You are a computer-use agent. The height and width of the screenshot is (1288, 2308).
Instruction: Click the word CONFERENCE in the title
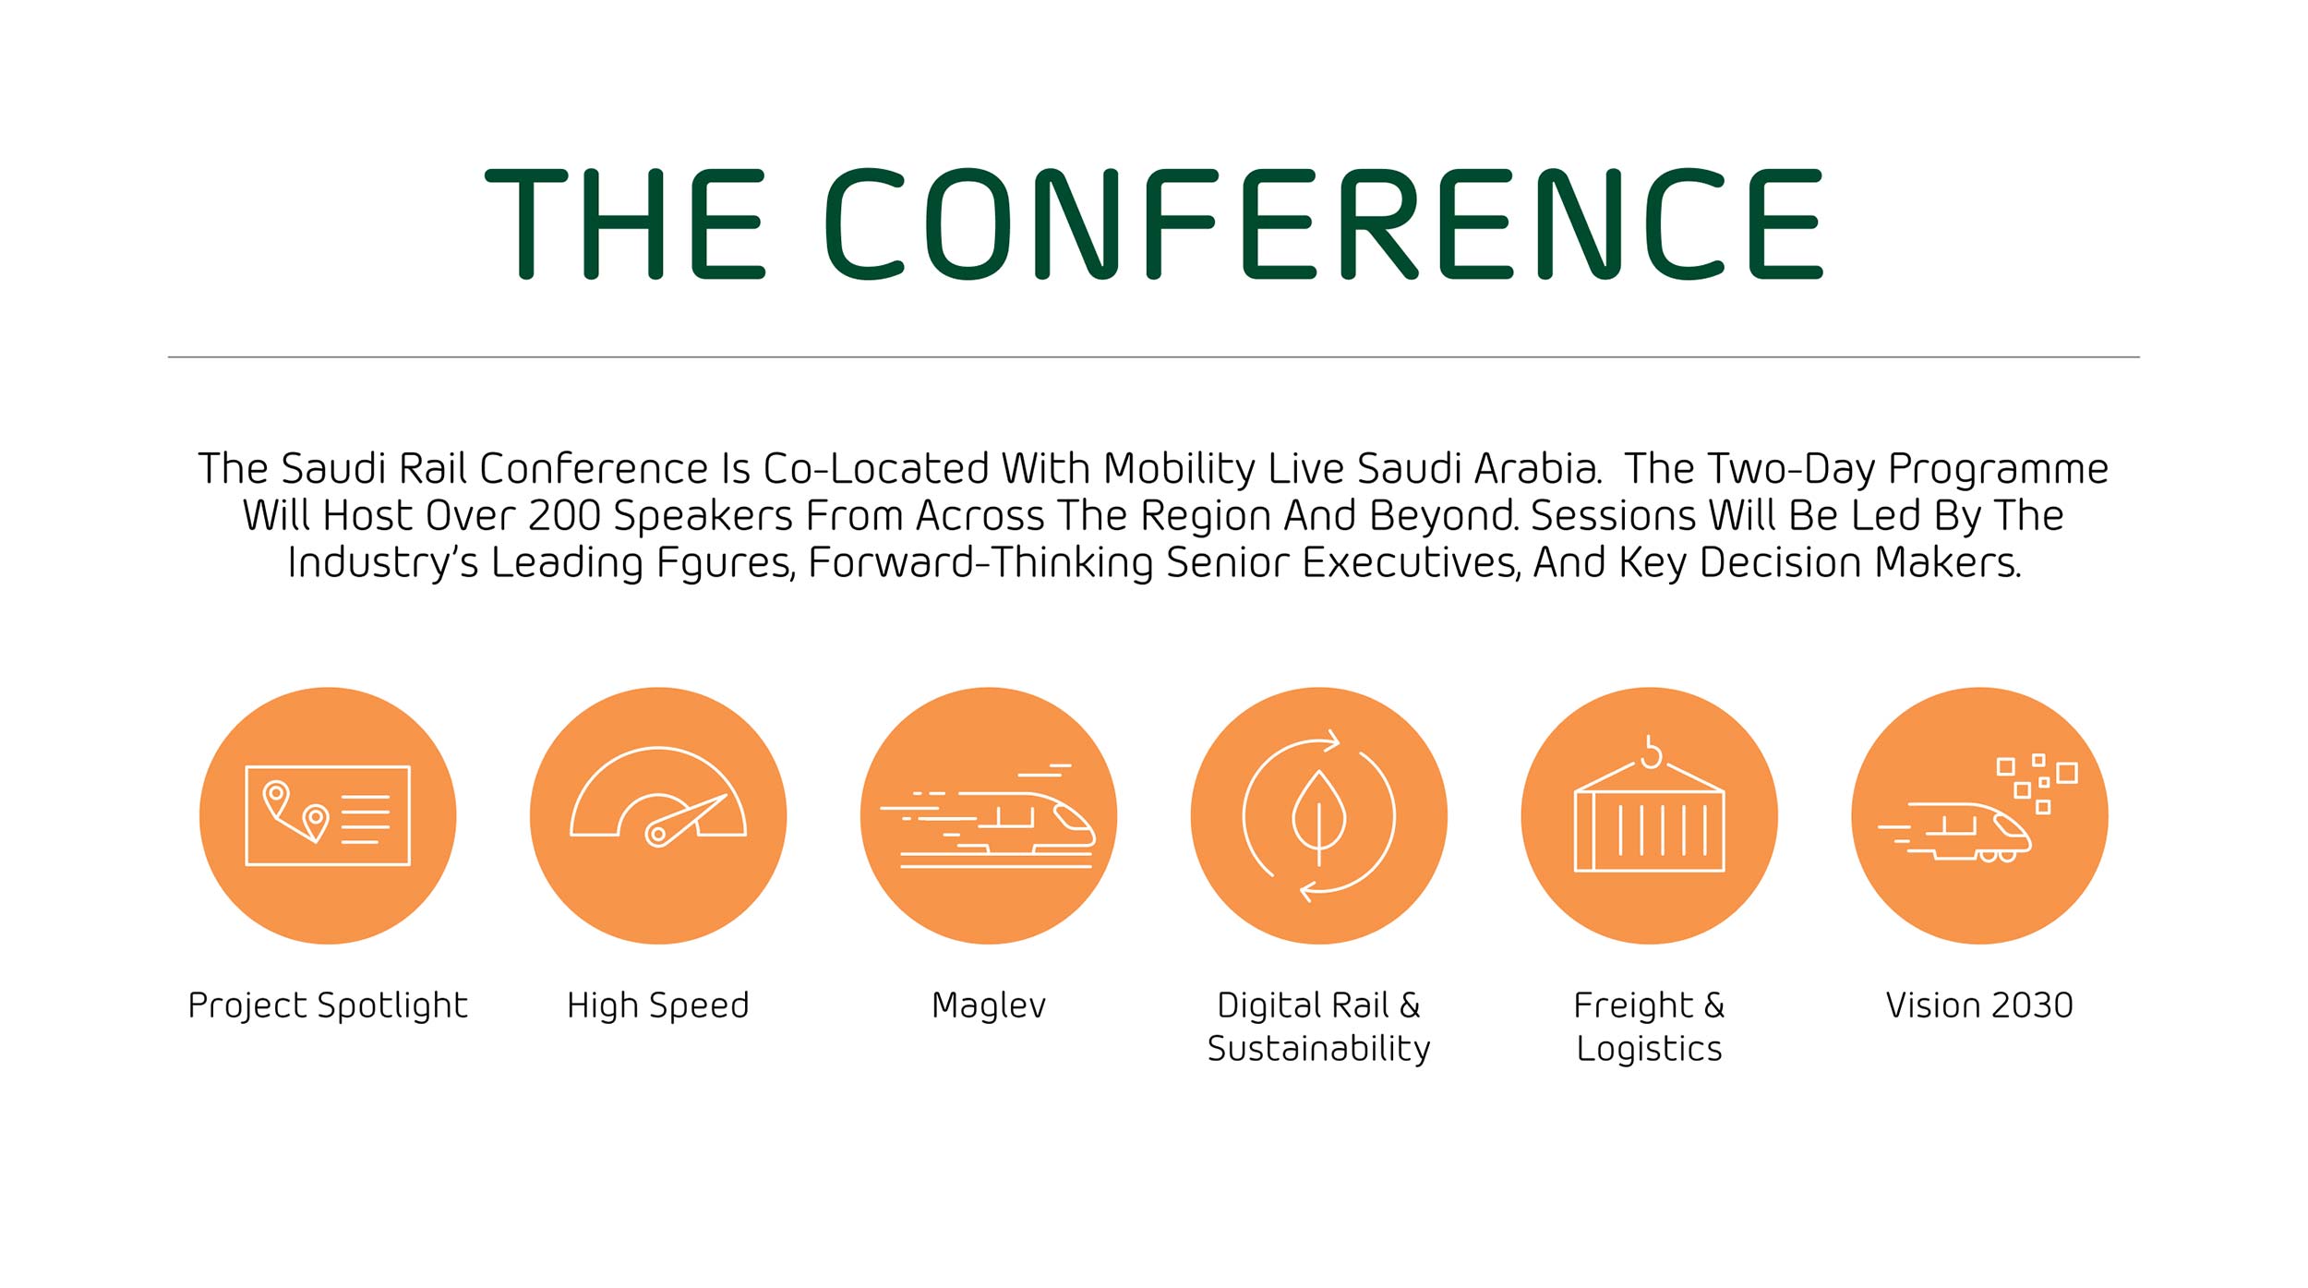1324,223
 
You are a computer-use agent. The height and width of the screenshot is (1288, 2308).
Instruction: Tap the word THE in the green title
625,223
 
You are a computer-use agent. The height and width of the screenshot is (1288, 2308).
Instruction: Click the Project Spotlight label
328,1005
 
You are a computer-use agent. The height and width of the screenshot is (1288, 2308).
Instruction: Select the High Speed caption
657,1005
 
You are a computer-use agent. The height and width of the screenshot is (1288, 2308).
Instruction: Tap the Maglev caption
989,1005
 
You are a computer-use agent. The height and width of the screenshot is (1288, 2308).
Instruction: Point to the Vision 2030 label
1979,1005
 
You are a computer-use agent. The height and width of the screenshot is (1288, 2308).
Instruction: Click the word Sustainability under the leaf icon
1318,1049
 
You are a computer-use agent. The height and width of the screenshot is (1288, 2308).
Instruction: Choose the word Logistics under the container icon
1649,1049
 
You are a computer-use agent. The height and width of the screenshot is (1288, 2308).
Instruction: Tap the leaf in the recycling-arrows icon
1319,813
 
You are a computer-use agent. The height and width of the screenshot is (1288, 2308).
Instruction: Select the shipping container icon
1649,818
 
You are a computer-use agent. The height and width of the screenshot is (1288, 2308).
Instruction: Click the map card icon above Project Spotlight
328,815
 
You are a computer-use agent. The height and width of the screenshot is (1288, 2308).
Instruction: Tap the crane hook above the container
1650,752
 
